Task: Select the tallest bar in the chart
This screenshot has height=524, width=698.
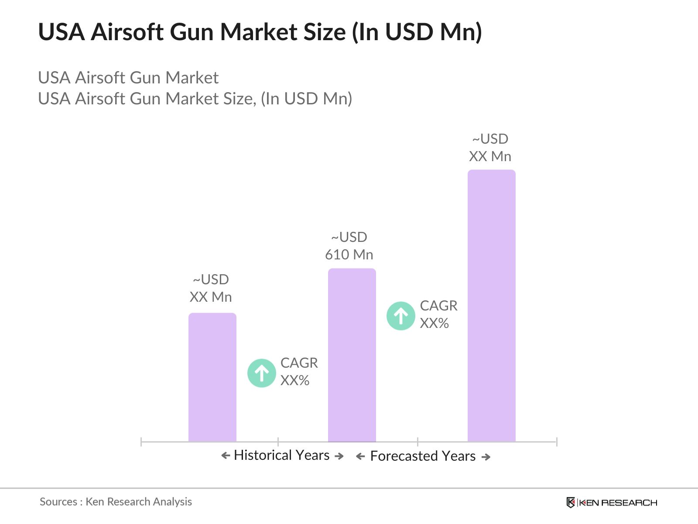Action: pyautogui.click(x=491, y=306)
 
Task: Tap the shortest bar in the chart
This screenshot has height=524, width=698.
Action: pyautogui.click(x=212, y=377)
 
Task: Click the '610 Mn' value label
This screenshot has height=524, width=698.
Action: pyautogui.click(x=349, y=255)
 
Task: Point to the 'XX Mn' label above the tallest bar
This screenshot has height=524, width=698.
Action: pyautogui.click(x=490, y=156)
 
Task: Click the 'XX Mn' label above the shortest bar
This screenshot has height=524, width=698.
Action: pyautogui.click(x=211, y=297)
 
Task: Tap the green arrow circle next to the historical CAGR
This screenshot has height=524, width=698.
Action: pyautogui.click(x=261, y=373)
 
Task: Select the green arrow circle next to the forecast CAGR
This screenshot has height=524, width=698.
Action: pyautogui.click(x=400, y=316)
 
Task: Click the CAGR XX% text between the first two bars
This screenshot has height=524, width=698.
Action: pyautogui.click(x=299, y=372)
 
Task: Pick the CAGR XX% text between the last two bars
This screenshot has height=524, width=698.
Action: pyautogui.click(x=438, y=314)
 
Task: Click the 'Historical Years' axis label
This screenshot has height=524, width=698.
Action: pyautogui.click(x=281, y=455)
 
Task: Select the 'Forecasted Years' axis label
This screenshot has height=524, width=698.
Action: pyautogui.click(x=423, y=456)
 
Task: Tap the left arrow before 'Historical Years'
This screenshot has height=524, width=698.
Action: pyautogui.click(x=226, y=456)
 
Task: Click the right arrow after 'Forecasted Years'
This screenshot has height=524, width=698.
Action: pyautogui.click(x=486, y=457)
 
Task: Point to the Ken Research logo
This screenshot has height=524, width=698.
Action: pyautogui.click(x=611, y=503)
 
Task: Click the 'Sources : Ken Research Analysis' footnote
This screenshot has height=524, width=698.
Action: pyautogui.click(x=116, y=502)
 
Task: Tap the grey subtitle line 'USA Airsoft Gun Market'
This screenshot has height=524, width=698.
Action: pyautogui.click(x=128, y=78)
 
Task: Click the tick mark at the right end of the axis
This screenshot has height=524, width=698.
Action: pyautogui.click(x=556, y=442)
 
